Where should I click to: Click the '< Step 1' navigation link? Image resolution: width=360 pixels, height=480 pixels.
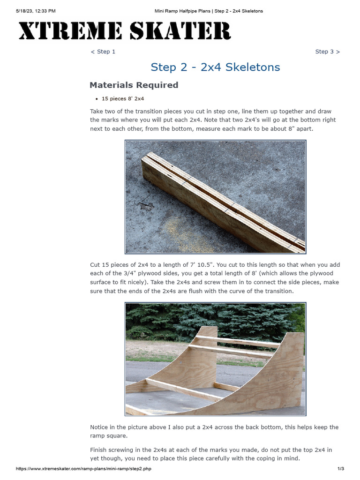click(103, 52)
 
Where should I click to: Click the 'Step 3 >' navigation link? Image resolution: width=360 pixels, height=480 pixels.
click(327, 52)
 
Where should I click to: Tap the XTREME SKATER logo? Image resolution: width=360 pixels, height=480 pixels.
click(124, 31)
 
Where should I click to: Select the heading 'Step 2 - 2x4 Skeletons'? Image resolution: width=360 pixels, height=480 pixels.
click(215, 67)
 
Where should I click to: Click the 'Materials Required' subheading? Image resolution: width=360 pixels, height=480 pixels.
click(134, 85)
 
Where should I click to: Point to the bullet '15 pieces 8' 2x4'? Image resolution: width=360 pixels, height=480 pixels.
click(122, 99)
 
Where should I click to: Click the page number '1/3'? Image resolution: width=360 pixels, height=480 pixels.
click(341, 469)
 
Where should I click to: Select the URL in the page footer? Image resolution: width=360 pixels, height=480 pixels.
click(83, 469)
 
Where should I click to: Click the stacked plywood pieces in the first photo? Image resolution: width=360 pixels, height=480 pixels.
click(220, 202)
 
